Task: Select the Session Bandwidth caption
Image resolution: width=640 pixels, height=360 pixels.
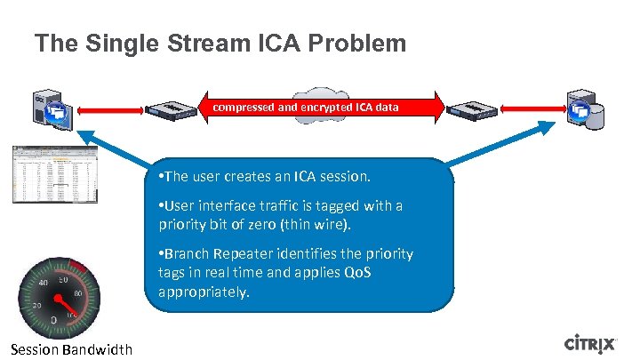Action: [72, 349]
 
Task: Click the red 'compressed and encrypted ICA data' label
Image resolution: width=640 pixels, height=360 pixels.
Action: [305, 108]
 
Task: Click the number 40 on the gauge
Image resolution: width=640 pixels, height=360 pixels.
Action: [42, 283]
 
